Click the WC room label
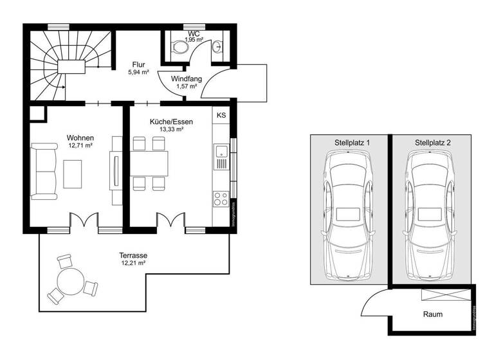(194, 33)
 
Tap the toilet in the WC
(178, 46)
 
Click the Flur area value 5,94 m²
(138, 73)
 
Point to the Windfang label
(186, 78)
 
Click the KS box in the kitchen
(221, 115)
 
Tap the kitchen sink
(221, 152)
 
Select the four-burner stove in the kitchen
(221, 197)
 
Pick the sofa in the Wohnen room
(45, 171)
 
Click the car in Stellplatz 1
(348, 216)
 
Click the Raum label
(432, 314)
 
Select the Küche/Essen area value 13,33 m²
(172, 129)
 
